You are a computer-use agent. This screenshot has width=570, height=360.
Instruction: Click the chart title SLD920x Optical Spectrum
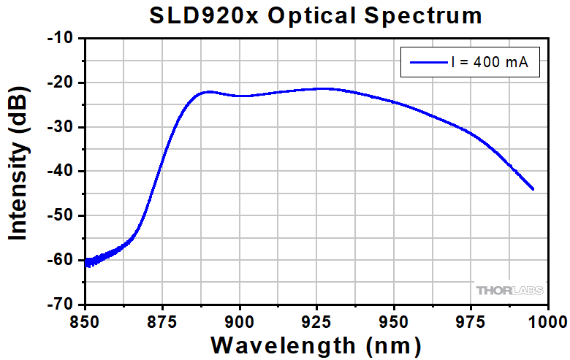click(x=316, y=15)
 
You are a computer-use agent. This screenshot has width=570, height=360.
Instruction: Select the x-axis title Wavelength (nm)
click(x=316, y=343)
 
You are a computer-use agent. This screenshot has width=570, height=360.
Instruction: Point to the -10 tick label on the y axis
click(x=61, y=38)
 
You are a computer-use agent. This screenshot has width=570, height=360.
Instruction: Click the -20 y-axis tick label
click(x=61, y=83)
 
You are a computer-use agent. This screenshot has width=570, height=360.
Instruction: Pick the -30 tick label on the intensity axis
click(x=61, y=127)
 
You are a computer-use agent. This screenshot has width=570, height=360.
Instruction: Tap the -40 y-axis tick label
click(x=61, y=171)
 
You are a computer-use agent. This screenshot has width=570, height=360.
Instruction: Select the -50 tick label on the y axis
click(x=61, y=215)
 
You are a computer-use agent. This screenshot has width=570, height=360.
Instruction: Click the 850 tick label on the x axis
click(x=85, y=319)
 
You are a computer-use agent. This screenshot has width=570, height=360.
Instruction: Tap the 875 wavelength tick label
click(x=162, y=319)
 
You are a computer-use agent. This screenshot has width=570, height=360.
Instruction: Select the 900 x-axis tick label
click(x=240, y=319)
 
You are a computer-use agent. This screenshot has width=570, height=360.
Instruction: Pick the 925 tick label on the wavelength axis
click(x=316, y=319)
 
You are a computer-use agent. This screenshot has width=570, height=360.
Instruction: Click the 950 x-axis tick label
click(x=394, y=319)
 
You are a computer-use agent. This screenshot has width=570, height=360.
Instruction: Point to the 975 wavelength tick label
click(x=471, y=319)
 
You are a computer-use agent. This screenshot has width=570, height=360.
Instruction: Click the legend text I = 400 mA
click(x=495, y=64)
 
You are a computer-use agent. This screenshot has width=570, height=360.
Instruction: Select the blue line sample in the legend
click(x=427, y=64)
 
